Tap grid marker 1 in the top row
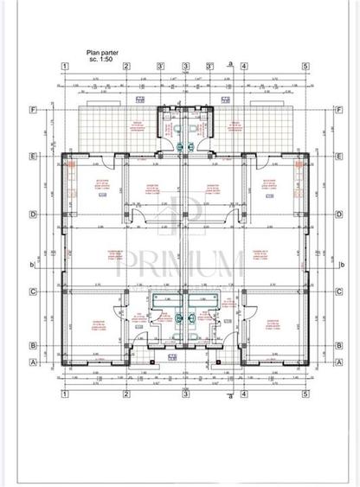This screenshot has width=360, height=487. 64,66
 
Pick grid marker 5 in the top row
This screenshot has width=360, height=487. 305,66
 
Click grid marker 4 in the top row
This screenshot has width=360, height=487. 244,66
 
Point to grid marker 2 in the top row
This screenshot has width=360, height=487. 126,66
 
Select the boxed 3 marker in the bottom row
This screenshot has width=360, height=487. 185,394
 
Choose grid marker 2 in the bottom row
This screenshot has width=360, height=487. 126,394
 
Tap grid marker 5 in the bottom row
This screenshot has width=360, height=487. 305,394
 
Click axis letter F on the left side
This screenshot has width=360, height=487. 33,111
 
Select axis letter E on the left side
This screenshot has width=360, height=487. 33,157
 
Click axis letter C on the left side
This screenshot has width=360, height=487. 33,292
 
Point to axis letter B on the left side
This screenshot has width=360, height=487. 33,345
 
